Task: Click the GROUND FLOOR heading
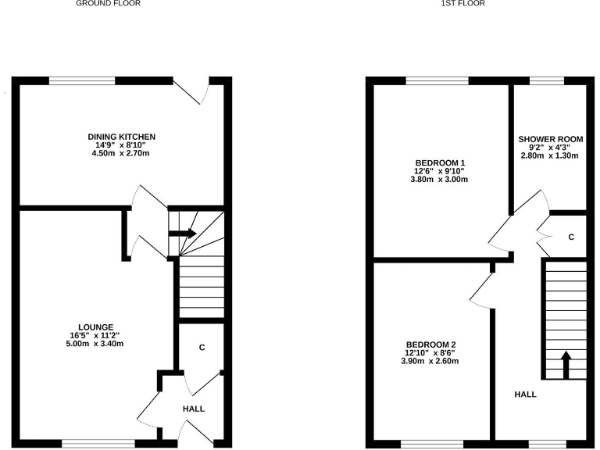109,3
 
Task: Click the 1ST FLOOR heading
462,3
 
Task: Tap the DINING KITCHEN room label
121,137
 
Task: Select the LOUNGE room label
96,327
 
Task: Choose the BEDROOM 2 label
430,345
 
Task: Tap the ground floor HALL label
194,409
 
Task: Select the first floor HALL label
525,395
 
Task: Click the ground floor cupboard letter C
202,348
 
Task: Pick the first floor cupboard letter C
571,237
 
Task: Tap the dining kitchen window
82,80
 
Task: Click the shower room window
552,80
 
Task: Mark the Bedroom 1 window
437,80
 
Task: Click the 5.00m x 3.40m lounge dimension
96,344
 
